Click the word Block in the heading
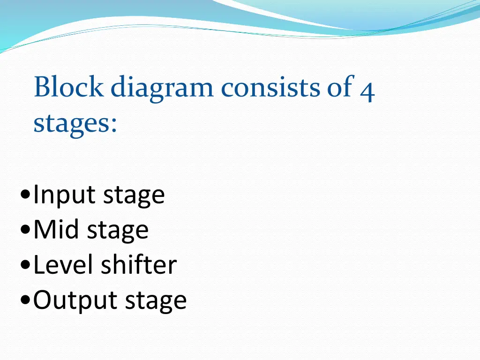[68, 88]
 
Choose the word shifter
[139, 265]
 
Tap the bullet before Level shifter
[26, 266]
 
